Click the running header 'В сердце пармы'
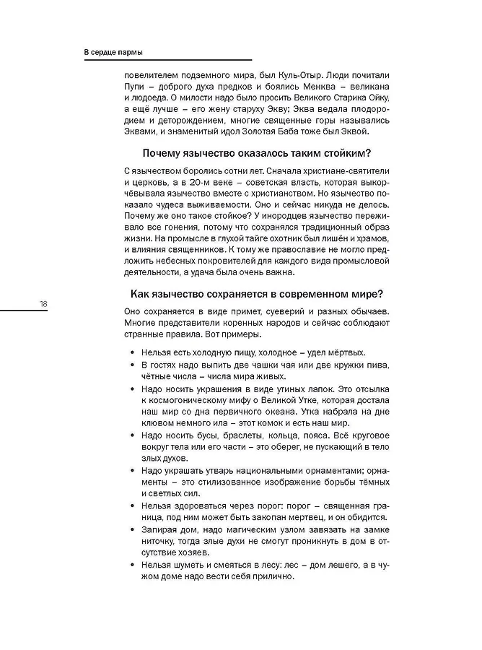pos(113,53)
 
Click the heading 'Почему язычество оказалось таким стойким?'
pos(257,153)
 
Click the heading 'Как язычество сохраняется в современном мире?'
pos(257,294)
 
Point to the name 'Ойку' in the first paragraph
pos(378,97)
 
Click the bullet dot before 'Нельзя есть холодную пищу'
pos(132,352)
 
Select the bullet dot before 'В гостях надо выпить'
pos(132,365)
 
